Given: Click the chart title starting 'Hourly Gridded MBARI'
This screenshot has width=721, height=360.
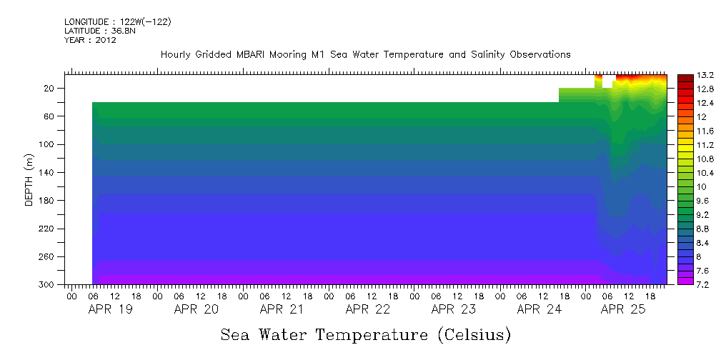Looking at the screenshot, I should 365,54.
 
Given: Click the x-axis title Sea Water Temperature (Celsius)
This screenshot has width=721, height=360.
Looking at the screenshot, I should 365,334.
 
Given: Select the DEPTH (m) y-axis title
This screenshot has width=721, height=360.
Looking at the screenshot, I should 29,179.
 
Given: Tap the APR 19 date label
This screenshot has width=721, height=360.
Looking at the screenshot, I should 110,309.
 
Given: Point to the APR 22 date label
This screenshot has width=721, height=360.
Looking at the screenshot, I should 367,309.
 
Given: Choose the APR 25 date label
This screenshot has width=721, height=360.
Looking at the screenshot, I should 625,309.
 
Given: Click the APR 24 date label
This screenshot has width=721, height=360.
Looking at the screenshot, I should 539,309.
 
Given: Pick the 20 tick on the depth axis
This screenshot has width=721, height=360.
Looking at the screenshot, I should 49,89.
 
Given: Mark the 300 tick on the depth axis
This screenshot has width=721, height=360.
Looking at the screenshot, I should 47,285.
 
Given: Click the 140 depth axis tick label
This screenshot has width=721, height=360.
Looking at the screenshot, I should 47,173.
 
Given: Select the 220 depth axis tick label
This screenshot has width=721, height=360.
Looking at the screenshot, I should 47,229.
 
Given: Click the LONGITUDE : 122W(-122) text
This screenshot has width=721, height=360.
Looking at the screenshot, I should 117,22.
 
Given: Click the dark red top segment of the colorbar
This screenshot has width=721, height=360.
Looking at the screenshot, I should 685,76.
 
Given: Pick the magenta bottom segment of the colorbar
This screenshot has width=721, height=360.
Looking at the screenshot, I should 685,281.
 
